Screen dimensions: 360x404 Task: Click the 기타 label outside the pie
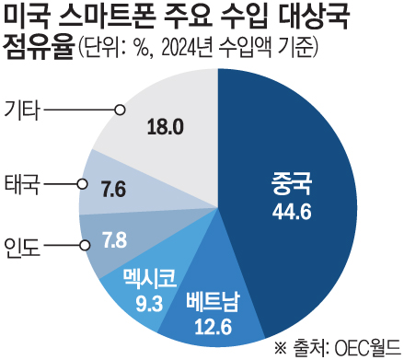point(22,110)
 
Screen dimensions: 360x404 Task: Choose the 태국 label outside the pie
point(22,182)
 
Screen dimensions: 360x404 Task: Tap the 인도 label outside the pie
point(22,246)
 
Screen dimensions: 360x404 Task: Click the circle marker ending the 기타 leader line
point(120,110)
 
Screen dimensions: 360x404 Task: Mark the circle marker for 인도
point(86,246)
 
